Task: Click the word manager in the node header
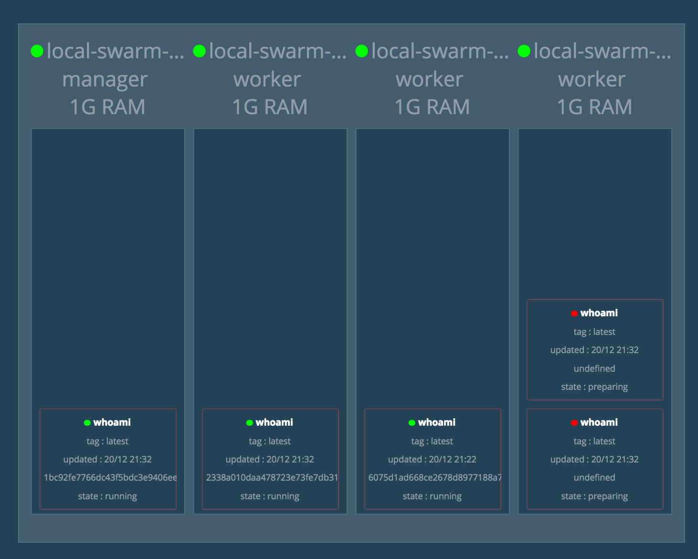105,79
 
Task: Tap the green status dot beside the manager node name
37,51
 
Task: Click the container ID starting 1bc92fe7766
110,477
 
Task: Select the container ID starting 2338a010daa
272,477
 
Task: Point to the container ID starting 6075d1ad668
434,477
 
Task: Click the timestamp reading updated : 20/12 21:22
432,459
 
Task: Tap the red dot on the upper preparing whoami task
574,313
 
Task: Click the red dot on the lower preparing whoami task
574,423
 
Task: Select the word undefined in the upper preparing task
594,368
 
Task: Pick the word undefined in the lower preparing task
594,477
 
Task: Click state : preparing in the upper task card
594,387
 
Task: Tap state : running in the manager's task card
107,496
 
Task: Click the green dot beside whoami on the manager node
87,423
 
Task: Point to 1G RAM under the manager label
107,107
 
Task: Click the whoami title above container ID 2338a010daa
274,422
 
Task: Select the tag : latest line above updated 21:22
432,441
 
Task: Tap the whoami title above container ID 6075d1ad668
436,422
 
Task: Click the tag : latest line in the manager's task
107,441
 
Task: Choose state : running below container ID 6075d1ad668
432,496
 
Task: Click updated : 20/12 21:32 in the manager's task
107,459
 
